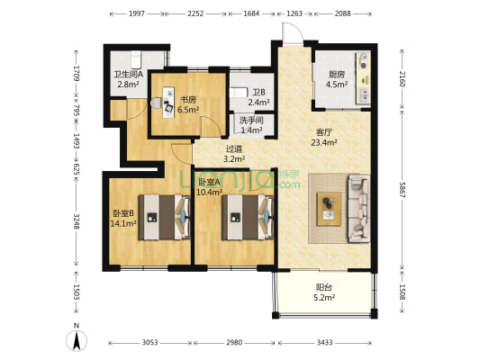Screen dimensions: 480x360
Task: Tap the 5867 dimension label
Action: click(x=403, y=190)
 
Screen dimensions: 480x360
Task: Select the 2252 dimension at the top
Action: click(x=195, y=13)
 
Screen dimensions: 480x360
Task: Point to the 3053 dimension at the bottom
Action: click(x=149, y=343)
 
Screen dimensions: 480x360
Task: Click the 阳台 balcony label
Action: click(x=324, y=287)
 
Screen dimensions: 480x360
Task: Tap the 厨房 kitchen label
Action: click(x=337, y=75)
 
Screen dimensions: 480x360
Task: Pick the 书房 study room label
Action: click(x=188, y=100)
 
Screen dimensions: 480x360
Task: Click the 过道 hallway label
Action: click(x=234, y=149)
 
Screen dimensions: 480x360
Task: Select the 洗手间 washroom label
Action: click(x=251, y=120)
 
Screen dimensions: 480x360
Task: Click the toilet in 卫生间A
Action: click(x=136, y=59)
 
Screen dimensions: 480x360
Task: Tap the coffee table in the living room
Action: click(x=329, y=209)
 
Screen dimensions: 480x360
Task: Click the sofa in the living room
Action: click(x=358, y=208)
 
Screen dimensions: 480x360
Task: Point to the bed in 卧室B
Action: click(x=164, y=217)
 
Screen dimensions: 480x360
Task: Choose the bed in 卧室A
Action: click(x=248, y=217)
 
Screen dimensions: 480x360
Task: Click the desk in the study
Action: click(x=168, y=103)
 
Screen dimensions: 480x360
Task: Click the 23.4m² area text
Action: click(x=324, y=142)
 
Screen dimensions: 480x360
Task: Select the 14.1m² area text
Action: click(x=123, y=223)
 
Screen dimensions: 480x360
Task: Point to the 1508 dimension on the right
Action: click(x=403, y=292)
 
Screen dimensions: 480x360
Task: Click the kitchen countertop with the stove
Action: click(x=363, y=77)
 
